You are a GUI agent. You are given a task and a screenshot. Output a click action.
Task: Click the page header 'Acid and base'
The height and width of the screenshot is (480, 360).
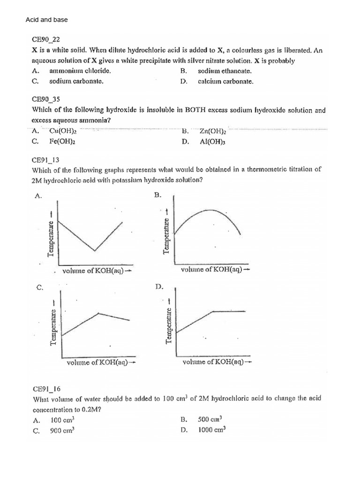(x=46, y=20)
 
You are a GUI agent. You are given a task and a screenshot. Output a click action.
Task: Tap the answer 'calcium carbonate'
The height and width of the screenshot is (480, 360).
(x=225, y=81)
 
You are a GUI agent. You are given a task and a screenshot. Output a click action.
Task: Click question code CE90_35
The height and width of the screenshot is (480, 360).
(x=46, y=99)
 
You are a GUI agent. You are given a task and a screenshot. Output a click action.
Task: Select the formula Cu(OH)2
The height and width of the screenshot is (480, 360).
(x=63, y=131)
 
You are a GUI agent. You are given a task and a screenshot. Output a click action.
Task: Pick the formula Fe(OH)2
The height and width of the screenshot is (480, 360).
(x=62, y=141)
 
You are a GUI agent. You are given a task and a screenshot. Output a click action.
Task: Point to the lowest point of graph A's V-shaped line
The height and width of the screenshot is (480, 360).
(x=94, y=251)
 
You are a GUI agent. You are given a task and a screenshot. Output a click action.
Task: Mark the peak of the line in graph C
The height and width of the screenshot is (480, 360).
(x=98, y=313)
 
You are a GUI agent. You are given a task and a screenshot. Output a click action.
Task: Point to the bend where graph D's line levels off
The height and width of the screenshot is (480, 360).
(x=213, y=311)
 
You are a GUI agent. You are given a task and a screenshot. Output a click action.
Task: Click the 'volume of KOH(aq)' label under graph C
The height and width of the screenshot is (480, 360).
(x=97, y=362)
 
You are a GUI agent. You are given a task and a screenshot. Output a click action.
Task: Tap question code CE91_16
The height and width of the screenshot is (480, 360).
(x=46, y=389)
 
